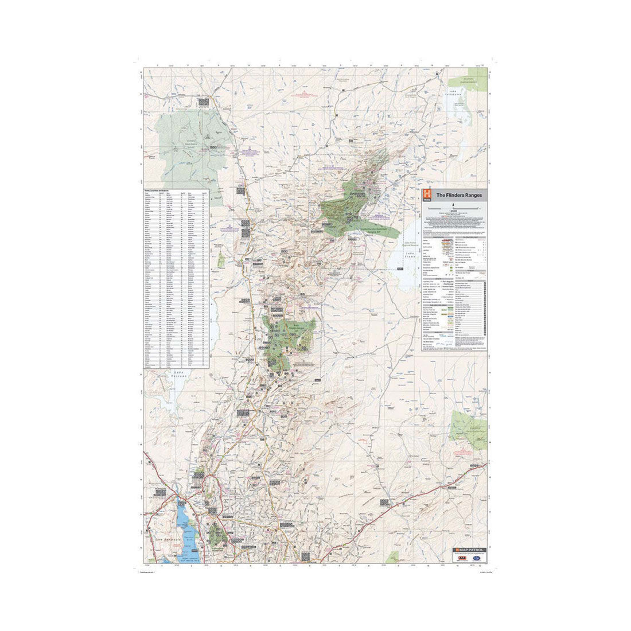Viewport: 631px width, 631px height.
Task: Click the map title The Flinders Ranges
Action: pos(459,195)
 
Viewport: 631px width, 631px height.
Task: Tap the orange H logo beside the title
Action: pos(427,195)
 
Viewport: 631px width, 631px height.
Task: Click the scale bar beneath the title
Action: pos(453,210)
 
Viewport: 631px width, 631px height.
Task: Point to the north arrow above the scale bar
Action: pos(453,204)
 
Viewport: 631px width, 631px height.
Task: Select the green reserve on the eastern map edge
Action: pos(469,427)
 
